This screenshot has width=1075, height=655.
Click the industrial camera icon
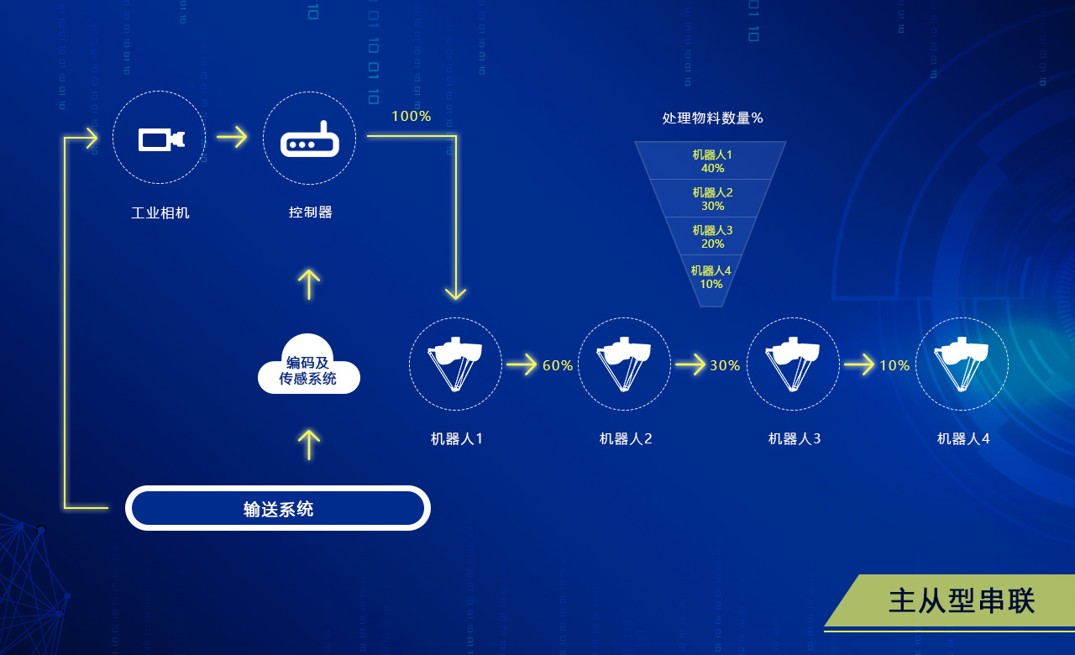160,139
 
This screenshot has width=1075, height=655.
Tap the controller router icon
309,139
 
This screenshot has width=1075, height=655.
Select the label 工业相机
160,212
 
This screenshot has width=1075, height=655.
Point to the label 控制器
311,212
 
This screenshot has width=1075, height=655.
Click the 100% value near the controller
412,117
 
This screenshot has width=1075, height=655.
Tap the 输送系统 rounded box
278,508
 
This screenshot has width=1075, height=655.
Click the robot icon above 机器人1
455,364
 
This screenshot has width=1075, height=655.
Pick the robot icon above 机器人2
624,364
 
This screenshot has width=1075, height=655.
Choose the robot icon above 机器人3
793,364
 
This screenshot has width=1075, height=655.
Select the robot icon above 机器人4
962,364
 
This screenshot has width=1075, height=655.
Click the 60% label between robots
558,365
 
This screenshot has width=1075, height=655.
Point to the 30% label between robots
725,365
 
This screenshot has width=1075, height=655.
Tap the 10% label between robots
894,365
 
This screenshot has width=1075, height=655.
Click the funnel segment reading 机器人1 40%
711,161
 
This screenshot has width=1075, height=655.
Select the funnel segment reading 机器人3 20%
711,237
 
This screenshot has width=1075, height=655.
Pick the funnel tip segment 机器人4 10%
711,277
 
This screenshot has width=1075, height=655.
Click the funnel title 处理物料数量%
712,118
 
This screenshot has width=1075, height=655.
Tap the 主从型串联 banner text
962,601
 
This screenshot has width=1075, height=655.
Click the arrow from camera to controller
233,136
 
